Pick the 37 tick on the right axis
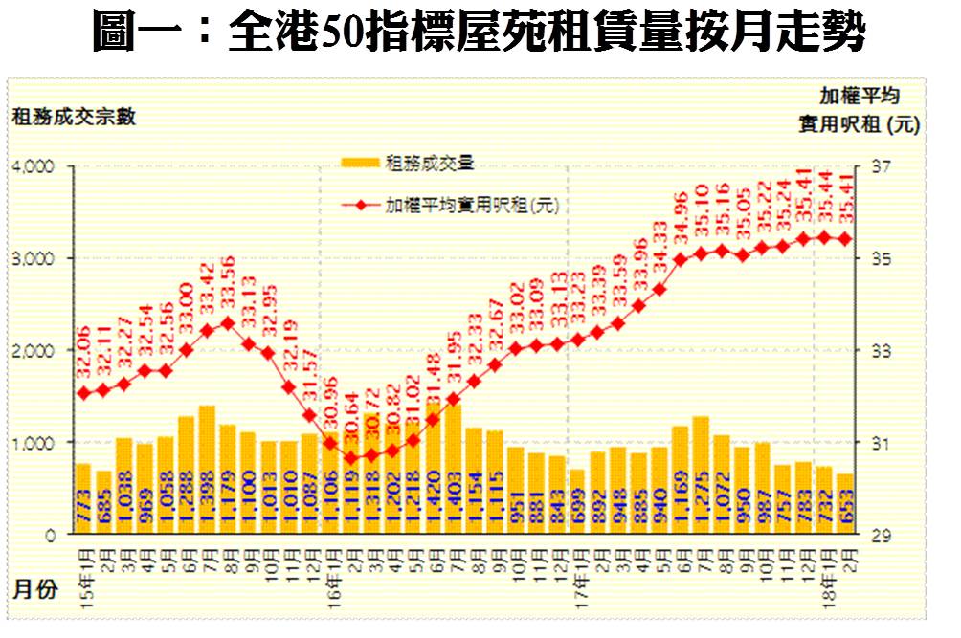[x=881, y=166]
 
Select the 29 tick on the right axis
[x=881, y=536]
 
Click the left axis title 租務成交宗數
[x=74, y=117]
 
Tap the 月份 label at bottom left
[x=34, y=586]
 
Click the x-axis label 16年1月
[x=329, y=565]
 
